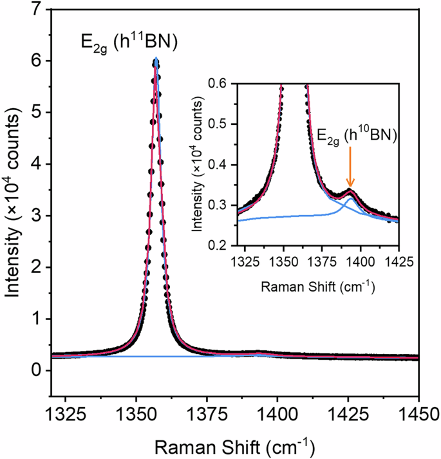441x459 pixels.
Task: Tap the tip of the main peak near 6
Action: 156,60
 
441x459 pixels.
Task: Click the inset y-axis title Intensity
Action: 204,164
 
